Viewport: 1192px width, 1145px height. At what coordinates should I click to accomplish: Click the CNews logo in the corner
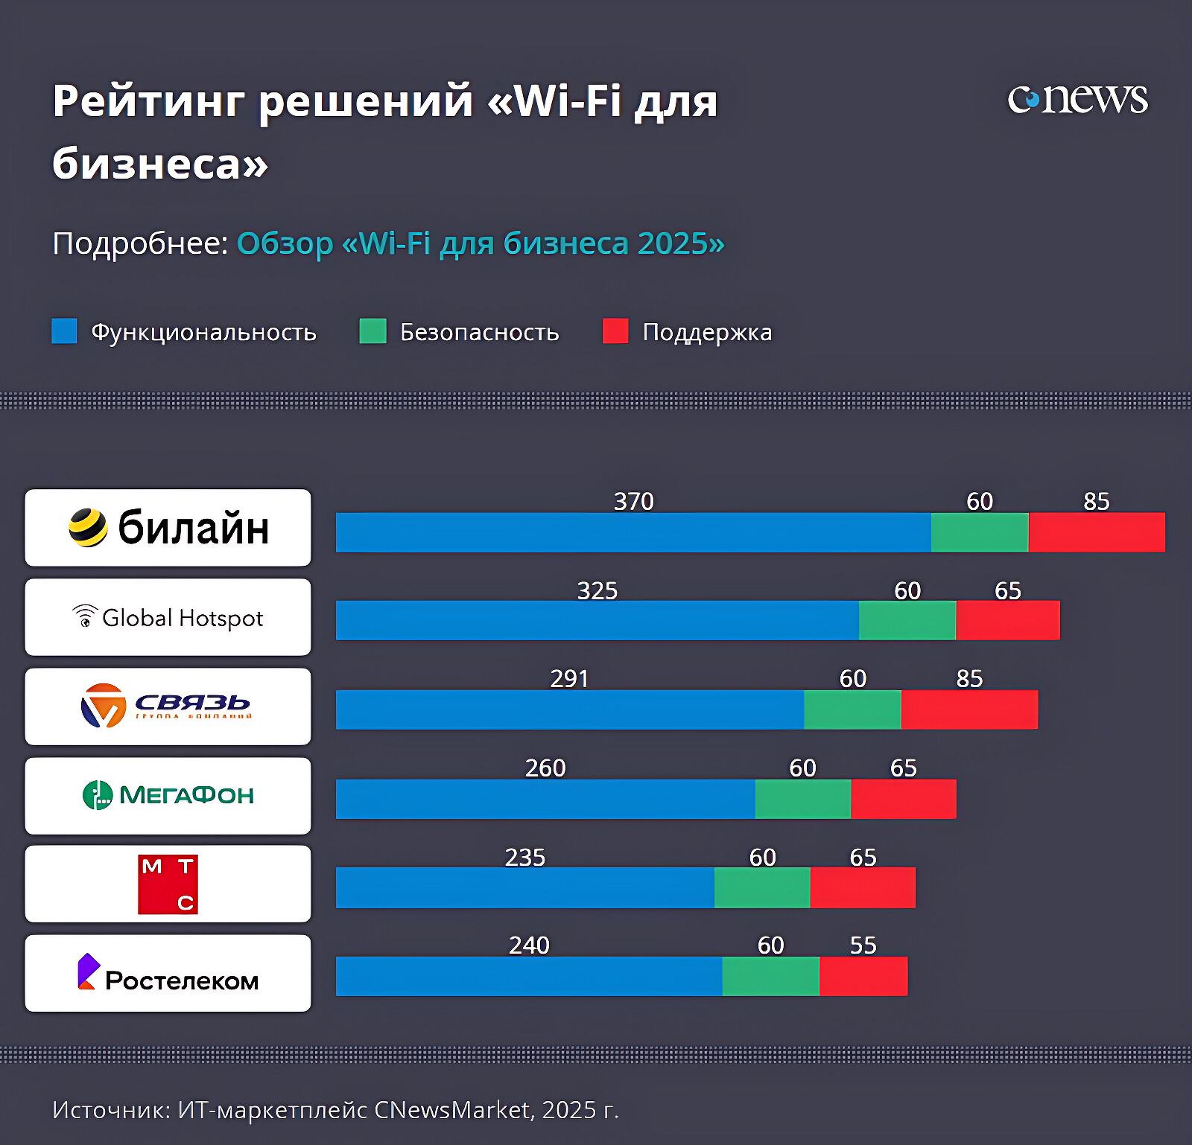(1077, 99)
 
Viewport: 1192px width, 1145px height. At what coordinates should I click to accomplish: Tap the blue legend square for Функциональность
(64, 331)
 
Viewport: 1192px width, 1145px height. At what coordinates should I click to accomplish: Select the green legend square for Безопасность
(372, 331)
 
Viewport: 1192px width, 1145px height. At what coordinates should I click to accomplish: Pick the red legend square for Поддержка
(615, 331)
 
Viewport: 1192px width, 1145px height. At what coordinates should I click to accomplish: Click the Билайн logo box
(168, 528)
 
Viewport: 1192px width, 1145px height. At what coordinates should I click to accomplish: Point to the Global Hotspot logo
(168, 617)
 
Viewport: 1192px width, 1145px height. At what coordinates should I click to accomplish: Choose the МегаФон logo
(168, 795)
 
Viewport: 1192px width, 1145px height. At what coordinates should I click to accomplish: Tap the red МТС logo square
(168, 884)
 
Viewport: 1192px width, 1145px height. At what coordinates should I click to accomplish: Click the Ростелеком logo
(168, 974)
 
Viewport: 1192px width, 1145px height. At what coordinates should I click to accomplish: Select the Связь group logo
(168, 706)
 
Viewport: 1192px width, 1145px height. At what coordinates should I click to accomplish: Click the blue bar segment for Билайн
(633, 532)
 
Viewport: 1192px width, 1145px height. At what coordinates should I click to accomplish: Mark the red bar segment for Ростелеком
(863, 976)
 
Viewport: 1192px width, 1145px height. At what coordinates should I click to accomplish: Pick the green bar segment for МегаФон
(803, 799)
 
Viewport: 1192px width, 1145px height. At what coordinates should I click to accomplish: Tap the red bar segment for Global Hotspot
(1008, 620)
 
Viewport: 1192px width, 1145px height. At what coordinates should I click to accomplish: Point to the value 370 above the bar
(633, 502)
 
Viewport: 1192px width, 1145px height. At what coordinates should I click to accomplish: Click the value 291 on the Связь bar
(569, 679)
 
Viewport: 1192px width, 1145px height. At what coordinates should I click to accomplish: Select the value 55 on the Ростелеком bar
(863, 945)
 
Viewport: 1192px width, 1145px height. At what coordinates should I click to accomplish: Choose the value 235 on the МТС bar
(525, 858)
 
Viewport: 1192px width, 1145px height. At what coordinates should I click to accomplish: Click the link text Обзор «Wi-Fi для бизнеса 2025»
(481, 243)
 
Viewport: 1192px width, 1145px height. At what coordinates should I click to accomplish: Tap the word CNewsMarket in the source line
(453, 1110)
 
